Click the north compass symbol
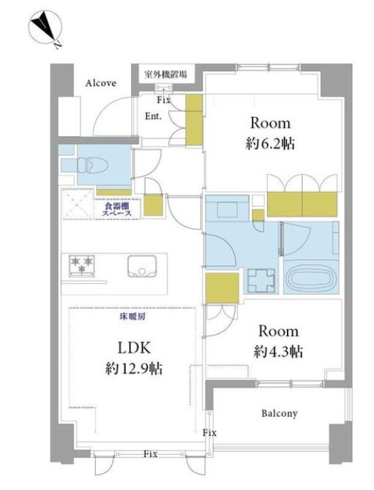pyautogui.click(x=45, y=28)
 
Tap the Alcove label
pyautogui.click(x=101, y=83)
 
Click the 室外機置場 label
pyautogui.click(x=165, y=75)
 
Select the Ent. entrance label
pyautogui.click(x=153, y=116)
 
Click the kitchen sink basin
pyautogui.click(x=142, y=265)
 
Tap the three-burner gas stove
pyautogui.click(x=82, y=266)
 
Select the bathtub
pyautogui.click(x=310, y=279)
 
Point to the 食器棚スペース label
pyautogui.click(x=116, y=209)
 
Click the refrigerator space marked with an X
pyautogui.click(x=78, y=204)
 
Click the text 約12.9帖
pyautogui.click(x=133, y=369)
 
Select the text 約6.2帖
pyautogui.click(x=270, y=144)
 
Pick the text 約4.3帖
pyautogui.click(x=278, y=352)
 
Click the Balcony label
pyautogui.click(x=280, y=413)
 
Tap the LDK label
pyautogui.click(x=134, y=347)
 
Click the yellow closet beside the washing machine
pyautogui.click(x=222, y=288)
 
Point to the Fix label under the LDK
pyautogui.click(x=150, y=453)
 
